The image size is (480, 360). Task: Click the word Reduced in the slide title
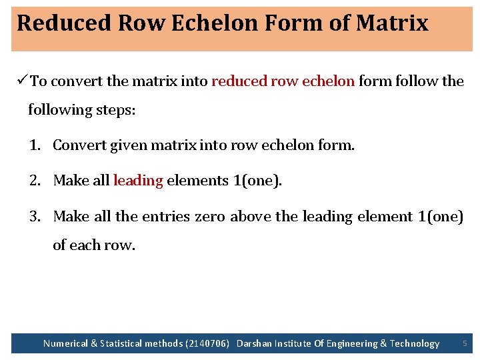[64, 23]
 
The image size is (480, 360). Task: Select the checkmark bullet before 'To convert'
[21, 81]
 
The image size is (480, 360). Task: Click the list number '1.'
[35, 145]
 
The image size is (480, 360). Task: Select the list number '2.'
[35, 181]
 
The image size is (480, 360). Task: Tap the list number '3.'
[35, 217]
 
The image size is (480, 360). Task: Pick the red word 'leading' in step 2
[138, 181]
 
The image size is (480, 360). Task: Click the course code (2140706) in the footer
[208, 344]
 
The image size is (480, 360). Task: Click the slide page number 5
[465, 343]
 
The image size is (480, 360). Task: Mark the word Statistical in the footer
[123, 344]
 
